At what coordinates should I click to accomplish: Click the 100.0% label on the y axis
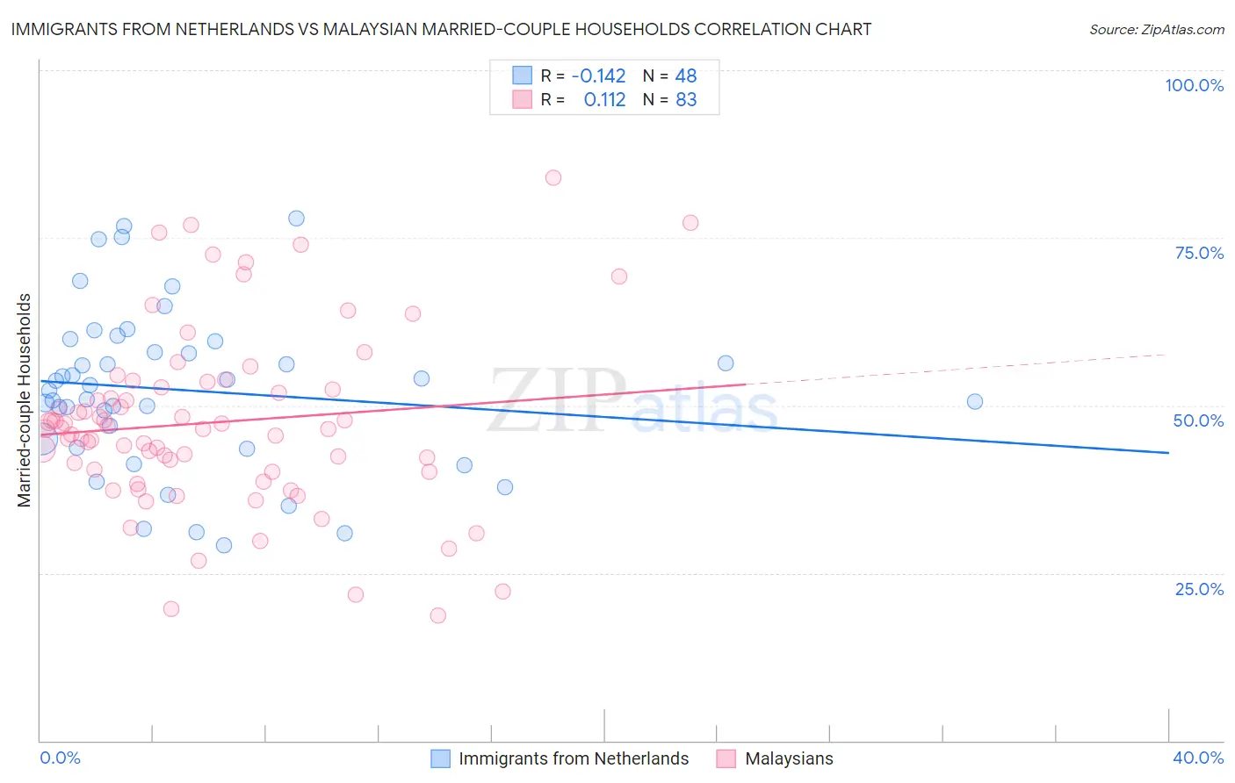(1194, 85)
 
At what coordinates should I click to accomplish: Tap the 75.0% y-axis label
(1199, 253)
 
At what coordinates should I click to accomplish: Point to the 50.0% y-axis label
(1198, 420)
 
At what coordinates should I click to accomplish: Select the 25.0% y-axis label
(1199, 588)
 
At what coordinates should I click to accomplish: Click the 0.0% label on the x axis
(60, 758)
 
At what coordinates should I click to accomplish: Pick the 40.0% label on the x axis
(1198, 758)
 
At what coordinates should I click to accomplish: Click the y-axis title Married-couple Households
(25, 400)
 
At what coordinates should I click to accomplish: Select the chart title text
(441, 29)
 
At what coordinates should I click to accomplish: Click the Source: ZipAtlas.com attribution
(1156, 29)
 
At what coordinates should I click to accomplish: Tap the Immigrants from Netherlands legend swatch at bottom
(441, 758)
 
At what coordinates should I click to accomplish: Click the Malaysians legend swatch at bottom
(726, 758)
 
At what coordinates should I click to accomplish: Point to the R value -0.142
(598, 75)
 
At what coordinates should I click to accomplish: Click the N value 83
(686, 99)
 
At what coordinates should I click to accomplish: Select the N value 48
(686, 75)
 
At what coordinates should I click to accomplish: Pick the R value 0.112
(604, 99)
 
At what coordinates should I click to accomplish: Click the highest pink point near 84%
(552, 177)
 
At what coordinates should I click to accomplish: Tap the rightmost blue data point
(974, 401)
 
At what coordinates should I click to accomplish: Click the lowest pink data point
(437, 615)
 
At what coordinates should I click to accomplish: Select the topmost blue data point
(296, 218)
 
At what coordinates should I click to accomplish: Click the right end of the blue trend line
(1168, 452)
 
